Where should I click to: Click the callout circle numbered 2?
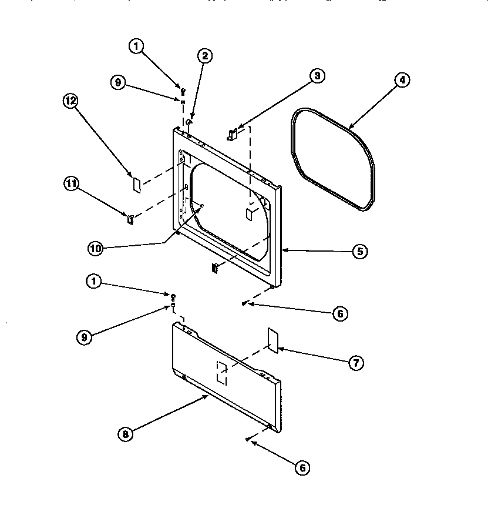point(204,56)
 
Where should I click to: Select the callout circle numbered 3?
point(317,75)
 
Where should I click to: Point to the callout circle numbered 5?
point(360,251)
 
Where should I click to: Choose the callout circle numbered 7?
point(355,363)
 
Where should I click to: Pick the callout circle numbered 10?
point(95,249)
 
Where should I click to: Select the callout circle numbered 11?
point(70,183)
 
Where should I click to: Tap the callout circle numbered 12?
point(70,101)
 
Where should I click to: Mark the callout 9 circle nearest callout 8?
point(85,337)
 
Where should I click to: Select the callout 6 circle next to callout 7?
point(339,314)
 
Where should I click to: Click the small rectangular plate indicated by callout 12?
point(136,185)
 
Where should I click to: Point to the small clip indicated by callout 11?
point(130,220)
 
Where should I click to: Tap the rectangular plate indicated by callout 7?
point(272,340)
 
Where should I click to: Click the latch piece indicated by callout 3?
point(232,135)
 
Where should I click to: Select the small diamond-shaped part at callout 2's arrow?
point(189,122)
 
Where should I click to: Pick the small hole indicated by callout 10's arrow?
point(201,205)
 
